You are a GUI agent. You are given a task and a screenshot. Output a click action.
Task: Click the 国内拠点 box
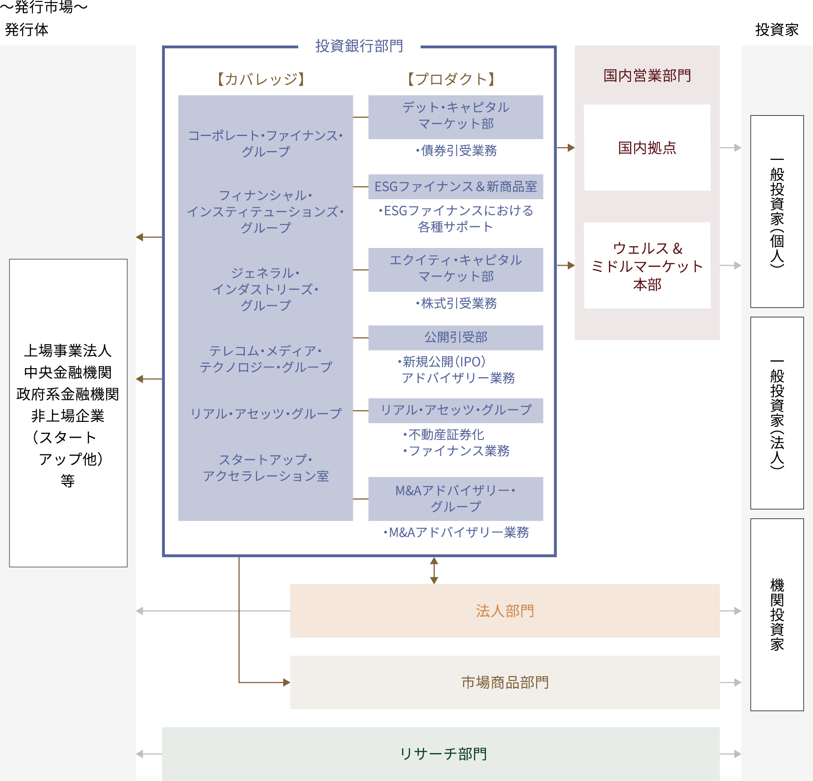pos(647,148)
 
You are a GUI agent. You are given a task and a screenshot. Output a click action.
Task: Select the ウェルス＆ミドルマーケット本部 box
pos(647,266)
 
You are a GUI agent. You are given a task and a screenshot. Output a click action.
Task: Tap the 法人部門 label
pos(505,611)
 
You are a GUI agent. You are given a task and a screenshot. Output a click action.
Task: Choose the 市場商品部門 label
pos(505,683)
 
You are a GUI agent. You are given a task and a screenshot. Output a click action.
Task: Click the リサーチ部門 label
pos(444,754)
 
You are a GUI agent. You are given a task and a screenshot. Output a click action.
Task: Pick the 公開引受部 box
pos(456,338)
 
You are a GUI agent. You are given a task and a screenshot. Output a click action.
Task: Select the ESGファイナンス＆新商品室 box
pos(456,187)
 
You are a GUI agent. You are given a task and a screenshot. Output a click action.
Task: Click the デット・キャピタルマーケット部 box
pos(456,117)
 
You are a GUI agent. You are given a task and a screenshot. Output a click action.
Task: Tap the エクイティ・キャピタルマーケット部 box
pos(456,270)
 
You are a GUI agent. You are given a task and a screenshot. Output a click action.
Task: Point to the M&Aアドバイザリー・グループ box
pos(456,499)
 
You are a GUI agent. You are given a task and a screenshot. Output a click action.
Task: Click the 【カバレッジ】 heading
pos(261,80)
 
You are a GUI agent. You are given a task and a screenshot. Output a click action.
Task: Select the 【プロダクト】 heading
pos(451,80)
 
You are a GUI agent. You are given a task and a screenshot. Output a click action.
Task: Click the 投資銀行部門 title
pos(359,46)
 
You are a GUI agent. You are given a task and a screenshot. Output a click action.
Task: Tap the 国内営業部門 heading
pos(647,75)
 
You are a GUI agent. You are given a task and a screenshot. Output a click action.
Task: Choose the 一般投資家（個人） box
pos(777,211)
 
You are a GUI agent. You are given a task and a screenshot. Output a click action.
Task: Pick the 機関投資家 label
pos(777,615)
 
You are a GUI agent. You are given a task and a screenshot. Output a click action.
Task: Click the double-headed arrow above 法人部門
pos(434,571)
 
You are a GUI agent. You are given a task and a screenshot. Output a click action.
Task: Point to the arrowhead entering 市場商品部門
pos(287,683)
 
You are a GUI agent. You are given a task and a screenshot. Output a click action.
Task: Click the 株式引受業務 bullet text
pos(456,304)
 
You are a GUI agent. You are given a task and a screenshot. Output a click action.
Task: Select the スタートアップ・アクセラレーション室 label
pos(266,468)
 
